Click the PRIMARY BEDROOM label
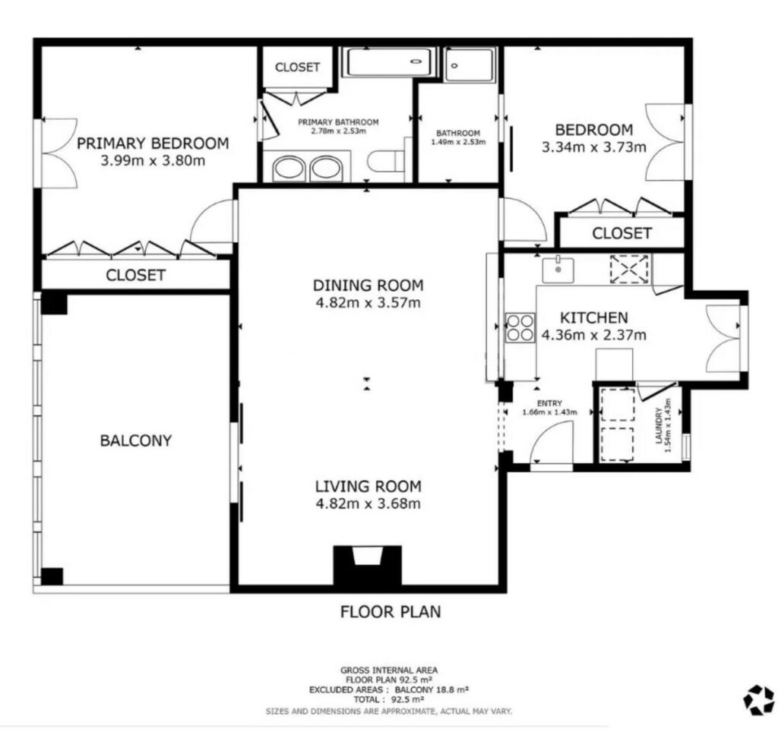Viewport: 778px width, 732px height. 153,144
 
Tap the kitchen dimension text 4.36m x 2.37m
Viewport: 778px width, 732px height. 593,335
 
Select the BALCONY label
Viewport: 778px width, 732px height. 135,440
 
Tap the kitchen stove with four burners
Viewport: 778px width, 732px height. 520,328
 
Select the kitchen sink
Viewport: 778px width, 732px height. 558,270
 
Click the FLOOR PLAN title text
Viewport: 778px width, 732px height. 391,611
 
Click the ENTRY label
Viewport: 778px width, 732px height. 549,403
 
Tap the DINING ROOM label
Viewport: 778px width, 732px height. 368,286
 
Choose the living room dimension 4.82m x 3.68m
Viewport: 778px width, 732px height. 368,503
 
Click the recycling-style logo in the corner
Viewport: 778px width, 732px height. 759,700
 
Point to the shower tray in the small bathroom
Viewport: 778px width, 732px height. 470,65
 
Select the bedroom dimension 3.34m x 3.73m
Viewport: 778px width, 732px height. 593,147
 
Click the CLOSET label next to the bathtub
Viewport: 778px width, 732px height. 297,67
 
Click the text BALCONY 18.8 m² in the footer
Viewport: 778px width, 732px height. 432,689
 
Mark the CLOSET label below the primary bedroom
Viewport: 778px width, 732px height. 135,275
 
